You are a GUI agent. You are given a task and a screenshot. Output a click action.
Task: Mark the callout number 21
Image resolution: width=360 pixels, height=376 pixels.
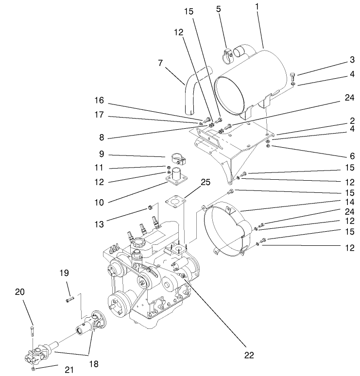click(x=69, y=370)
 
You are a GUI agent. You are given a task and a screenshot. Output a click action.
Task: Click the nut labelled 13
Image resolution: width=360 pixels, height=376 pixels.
click(x=151, y=209)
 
